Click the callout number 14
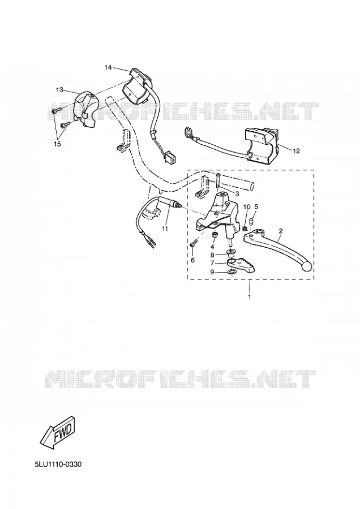click(108, 67)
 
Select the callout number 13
click(59, 90)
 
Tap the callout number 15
click(57, 144)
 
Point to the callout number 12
click(296, 150)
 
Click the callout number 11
click(165, 228)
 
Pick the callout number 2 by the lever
click(281, 231)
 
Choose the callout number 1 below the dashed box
click(249, 297)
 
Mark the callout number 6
click(192, 260)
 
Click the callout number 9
click(212, 272)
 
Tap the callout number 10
click(247, 207)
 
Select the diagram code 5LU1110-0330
click(58, 464)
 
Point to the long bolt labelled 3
click(217, 182)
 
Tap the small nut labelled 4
click(214, 234)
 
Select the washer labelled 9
click(231, 271)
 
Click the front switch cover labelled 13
click(84, 109)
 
